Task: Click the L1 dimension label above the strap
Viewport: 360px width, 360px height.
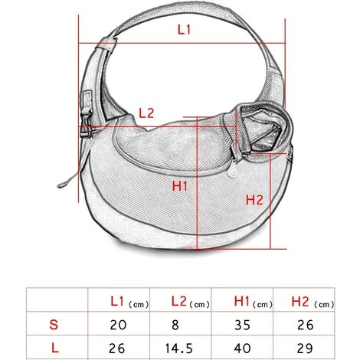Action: point(184,30)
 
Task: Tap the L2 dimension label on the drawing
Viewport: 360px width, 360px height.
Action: point(146,113)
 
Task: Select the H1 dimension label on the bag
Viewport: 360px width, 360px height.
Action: point(180,186)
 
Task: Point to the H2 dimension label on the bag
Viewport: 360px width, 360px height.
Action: point(254,200)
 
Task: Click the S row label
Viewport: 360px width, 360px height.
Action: point(54,325)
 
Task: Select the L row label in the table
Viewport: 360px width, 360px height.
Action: point(55,348)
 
